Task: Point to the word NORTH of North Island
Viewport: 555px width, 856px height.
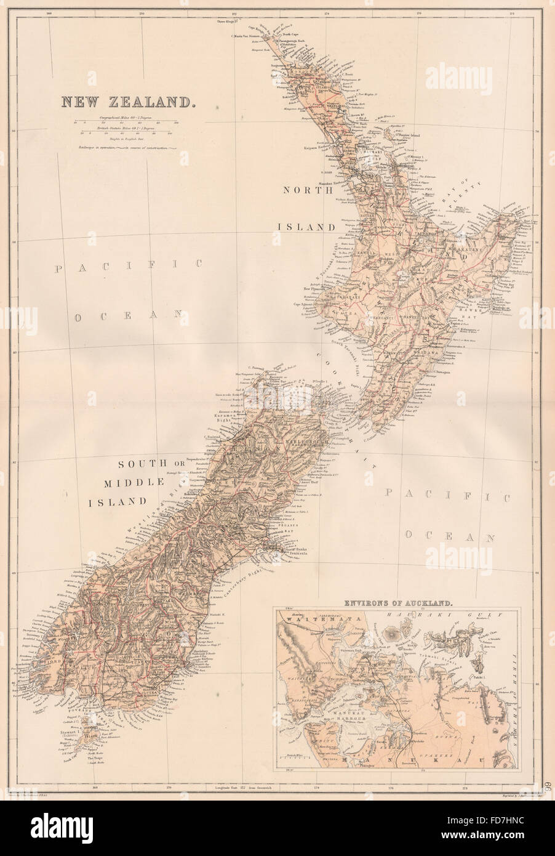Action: pyautogui.click(x=302, y=207)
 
